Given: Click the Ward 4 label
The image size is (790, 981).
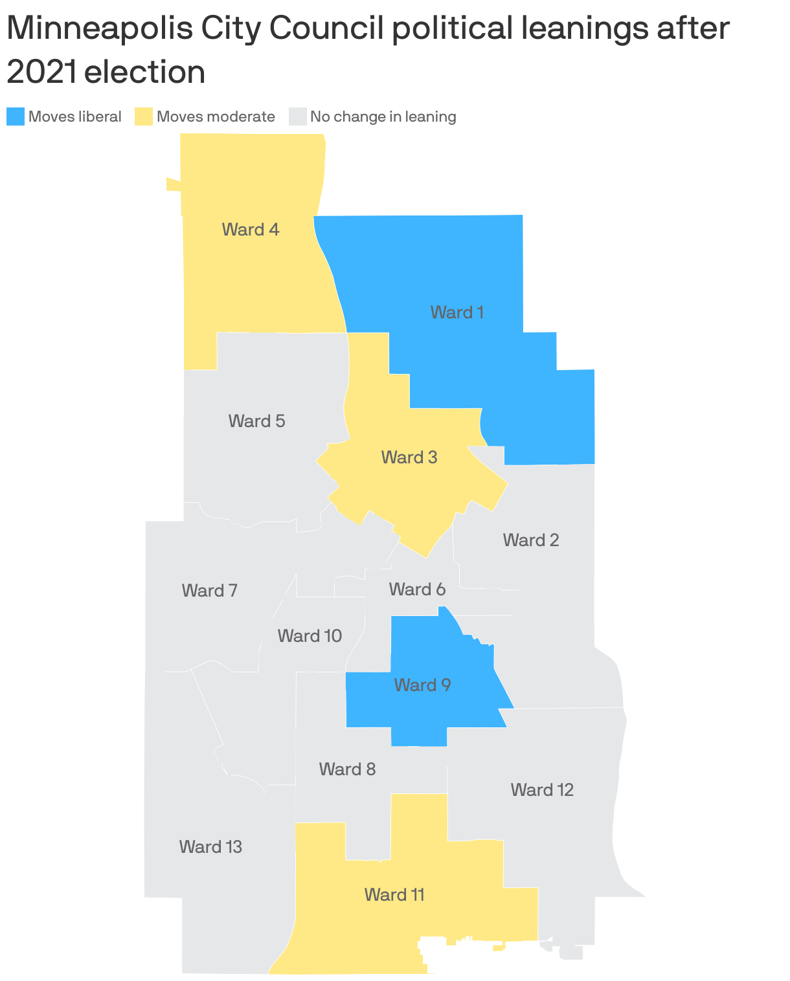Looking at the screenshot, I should [251, 230].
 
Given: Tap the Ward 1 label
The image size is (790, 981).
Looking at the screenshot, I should [457, 313].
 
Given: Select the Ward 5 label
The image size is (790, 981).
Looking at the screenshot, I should [256, 421].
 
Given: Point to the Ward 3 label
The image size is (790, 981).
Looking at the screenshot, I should [409, 457].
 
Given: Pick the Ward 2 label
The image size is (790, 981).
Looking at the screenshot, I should [531, 540].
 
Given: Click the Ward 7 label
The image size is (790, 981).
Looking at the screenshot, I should [209, 590].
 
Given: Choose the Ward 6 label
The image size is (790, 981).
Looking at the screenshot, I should [417, 590].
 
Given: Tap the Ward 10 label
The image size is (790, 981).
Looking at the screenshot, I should [310, 636].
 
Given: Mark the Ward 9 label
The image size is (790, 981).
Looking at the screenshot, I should [422, 685].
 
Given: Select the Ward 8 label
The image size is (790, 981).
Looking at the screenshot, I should [347, 769].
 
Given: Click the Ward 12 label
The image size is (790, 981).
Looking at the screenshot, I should [542, 790].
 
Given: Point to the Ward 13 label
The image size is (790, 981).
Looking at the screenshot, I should [210, 846].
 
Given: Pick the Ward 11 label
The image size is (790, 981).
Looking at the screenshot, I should [394, 895].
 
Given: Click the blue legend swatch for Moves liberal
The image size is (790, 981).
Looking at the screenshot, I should [16, 116].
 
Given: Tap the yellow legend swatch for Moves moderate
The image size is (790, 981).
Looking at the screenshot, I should [144, 116].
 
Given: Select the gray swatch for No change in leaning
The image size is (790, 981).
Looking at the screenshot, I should [297, 116].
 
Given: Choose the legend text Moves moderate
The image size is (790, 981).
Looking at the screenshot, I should [216, 116].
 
